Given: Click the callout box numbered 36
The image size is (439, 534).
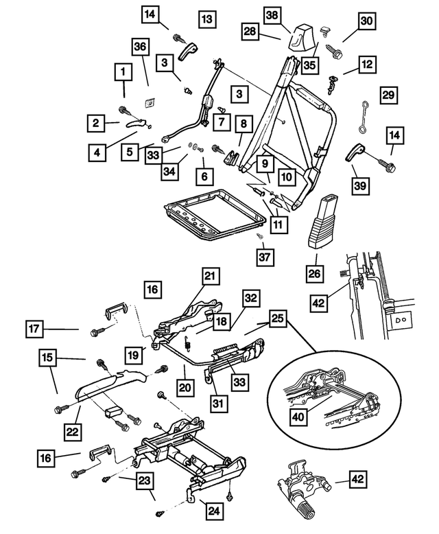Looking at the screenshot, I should [140, 47].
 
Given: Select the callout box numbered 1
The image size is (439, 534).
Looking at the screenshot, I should [123, 72].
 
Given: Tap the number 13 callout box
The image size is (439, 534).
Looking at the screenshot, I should [207, 19].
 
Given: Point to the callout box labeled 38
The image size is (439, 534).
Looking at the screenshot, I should [272, 14].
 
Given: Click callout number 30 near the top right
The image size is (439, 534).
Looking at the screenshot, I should [368, 21].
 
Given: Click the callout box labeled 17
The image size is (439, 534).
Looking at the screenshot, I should [38, 330].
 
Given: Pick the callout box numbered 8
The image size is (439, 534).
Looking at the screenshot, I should [243, 125].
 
